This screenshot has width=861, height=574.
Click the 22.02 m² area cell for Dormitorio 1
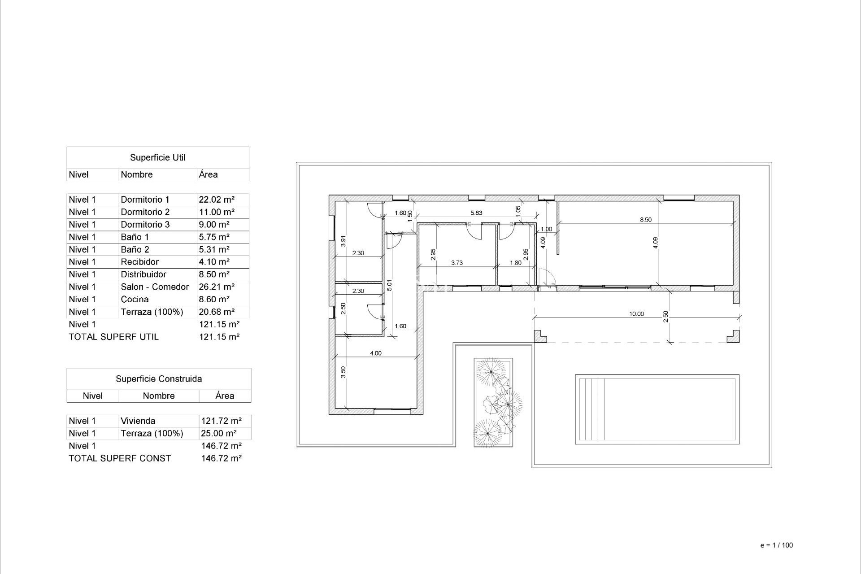217,200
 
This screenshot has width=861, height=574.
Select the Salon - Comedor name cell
155,287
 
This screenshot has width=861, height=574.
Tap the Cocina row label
135,300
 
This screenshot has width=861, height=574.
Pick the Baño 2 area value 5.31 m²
214,250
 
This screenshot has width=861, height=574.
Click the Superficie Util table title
157,158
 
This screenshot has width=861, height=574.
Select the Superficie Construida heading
159,379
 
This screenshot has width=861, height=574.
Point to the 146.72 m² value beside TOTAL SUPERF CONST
222,458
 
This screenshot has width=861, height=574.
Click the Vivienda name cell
138,421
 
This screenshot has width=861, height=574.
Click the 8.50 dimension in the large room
645,220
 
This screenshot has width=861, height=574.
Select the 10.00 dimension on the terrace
636,314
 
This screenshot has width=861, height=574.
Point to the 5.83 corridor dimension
476,213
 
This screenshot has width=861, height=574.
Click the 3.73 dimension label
457,263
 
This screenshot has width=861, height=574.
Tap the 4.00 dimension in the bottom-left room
375,353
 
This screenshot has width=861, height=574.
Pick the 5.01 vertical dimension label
389,285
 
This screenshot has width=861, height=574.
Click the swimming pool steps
591,409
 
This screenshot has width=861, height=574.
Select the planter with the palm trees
493,402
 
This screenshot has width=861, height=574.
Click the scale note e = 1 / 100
776,545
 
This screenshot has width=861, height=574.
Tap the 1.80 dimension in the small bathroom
516,263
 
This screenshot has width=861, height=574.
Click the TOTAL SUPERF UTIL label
113,337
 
